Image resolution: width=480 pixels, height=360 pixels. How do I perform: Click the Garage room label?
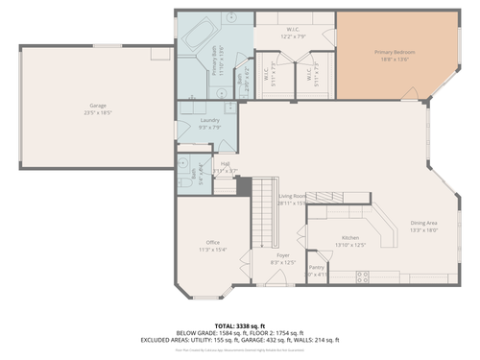97,106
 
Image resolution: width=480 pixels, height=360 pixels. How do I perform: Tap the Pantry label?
317,268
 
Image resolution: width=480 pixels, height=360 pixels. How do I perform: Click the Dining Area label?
423,223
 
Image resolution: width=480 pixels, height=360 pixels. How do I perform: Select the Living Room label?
291,196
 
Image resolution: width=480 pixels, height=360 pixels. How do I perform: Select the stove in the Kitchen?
364,276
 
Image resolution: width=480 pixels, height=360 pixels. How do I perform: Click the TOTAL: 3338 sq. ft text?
240,326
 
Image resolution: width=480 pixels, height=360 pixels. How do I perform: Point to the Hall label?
225,164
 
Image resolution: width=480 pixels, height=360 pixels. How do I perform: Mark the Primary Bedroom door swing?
411,93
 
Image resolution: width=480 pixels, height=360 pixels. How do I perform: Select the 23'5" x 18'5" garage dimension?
97,112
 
